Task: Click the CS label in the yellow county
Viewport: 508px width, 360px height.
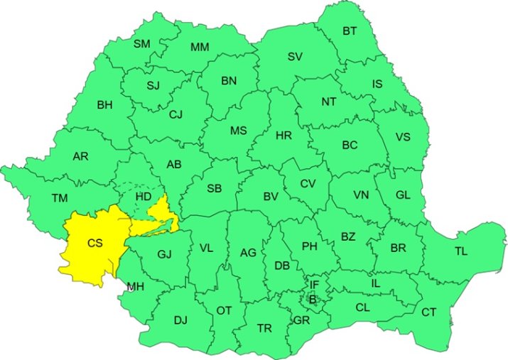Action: coord(95,243)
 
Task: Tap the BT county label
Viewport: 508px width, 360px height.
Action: coord(350,31)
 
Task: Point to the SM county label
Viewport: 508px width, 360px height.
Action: coord(142,44)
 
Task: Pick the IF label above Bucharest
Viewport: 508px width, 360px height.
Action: coord(314,285)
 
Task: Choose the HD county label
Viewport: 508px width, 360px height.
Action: coord(144,196)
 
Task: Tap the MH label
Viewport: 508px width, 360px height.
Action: coord(134,287)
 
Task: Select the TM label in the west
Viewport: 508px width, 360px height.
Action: coord(60,198)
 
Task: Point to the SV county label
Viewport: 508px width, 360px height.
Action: coord(295,57)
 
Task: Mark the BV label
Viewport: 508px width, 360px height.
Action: coord(270,197)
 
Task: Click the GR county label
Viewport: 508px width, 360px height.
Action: coord(301,320)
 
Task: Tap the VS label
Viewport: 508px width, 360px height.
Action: coord(403,137)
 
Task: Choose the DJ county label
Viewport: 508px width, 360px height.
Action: coord(180,320)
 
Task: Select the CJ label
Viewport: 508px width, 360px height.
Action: coord(176,114)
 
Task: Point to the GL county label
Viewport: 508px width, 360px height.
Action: coord(403,195)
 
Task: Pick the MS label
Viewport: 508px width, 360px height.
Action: coord(238,131)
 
